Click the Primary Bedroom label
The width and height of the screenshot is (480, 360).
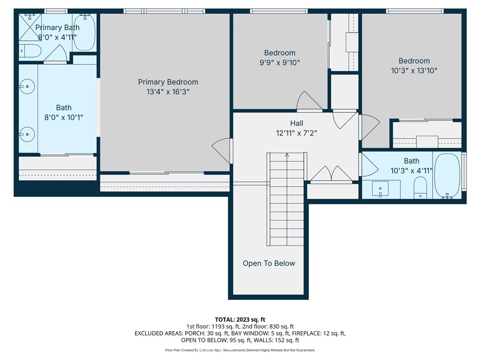168,82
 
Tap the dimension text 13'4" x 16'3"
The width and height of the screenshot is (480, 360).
168,92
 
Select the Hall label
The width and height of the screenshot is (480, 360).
296,123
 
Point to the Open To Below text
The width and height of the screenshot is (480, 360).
269,263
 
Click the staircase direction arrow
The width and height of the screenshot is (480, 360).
287,156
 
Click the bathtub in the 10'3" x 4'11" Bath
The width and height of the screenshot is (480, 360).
447,175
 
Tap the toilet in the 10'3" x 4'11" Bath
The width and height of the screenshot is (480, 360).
420,188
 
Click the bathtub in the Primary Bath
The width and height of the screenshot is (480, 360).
85,32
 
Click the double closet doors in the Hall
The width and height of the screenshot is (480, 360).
331,174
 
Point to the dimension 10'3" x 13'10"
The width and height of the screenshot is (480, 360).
414,71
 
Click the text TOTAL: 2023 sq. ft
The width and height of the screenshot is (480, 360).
240,320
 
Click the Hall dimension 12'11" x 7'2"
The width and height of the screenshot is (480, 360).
296,133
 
